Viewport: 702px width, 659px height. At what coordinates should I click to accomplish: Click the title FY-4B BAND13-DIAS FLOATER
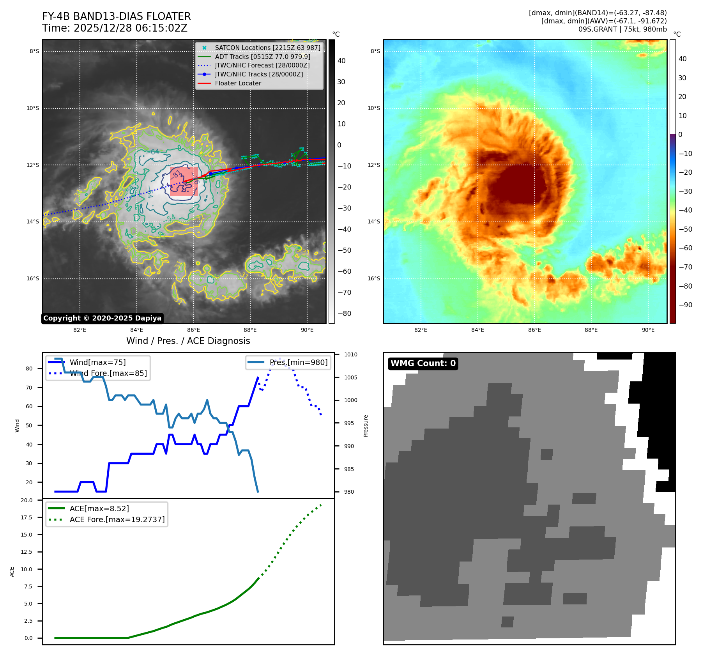click(117, 16)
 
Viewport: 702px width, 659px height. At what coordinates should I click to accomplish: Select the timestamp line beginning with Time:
click(115, 28)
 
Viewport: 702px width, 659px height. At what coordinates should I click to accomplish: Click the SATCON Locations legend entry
click(267, 48)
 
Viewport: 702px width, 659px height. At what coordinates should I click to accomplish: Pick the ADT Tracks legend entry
click(262, 57)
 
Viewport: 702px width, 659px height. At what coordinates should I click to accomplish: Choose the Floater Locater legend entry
click(238, 83)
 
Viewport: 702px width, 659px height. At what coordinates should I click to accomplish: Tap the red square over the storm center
click(184, 182)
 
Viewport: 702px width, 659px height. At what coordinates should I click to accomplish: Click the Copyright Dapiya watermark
click(102, 318)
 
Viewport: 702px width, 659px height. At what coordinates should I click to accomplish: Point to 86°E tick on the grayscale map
click(193, 330)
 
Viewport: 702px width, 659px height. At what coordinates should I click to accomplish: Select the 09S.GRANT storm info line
click(622, 29)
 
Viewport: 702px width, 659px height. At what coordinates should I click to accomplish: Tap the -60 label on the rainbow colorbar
click(685, 248)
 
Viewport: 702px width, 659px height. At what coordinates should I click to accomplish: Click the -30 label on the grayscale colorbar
click(344, 208)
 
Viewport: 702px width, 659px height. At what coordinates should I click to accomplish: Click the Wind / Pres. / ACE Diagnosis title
click(188, 341)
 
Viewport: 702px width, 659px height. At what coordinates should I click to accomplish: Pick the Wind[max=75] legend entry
click(97, 362)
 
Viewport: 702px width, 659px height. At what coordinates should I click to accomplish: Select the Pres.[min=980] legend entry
click(299, 362)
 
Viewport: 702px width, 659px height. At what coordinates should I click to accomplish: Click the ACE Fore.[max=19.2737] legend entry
click(117, 519)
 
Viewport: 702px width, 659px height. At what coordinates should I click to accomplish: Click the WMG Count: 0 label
click(423, 363)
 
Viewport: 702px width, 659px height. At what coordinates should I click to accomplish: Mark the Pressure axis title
click(366, 426)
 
